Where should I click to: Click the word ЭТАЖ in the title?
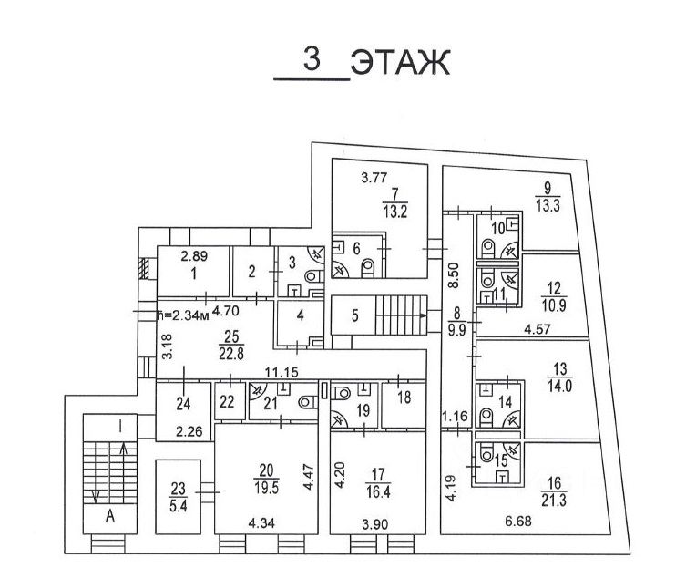point(400,64)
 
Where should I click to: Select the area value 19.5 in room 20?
point(265,485)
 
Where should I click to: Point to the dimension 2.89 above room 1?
point(193,257)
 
